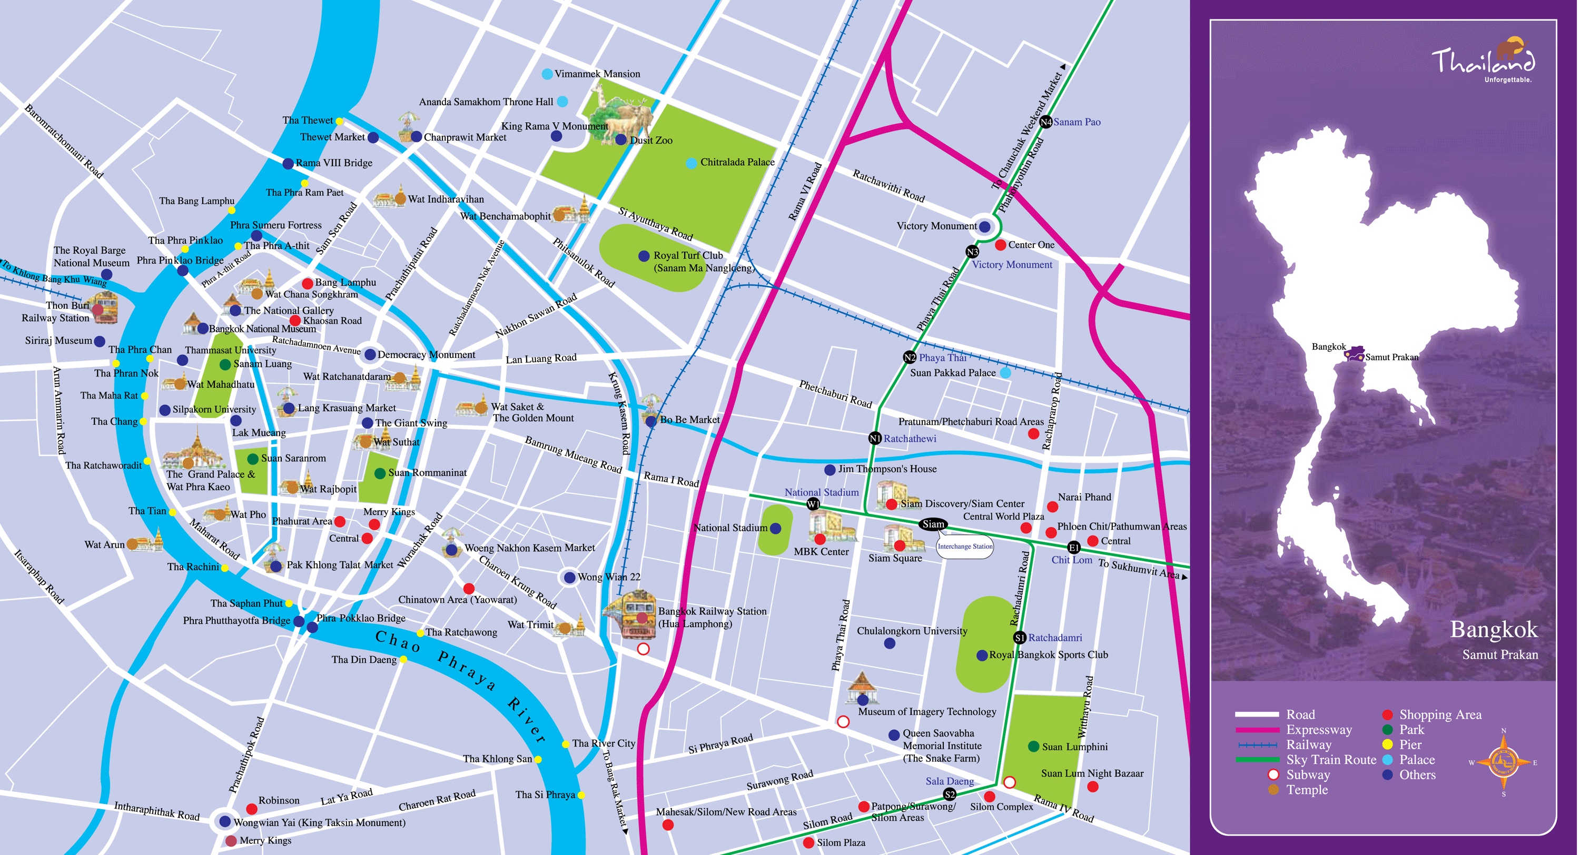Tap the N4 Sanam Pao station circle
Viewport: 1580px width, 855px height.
click(x=1046, y=122)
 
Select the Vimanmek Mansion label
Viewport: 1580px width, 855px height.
click(x=597, y=74)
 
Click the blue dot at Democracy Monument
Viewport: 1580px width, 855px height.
click(x=370, y=354)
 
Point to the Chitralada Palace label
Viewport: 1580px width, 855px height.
click(x=737, y=163)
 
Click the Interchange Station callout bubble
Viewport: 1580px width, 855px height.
click(x=965, y=546)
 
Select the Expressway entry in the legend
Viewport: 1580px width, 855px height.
click(x=1319, y=730)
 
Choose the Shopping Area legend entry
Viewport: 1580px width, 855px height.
click(x=1439, y=714)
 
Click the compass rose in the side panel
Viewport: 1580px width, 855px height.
click(x=1503, y=762)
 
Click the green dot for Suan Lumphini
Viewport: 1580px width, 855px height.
click(x=1033, y=747)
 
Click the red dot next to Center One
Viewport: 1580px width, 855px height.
click(x=1000, y=245)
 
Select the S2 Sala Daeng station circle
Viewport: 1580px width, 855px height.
click(x=950, y=795)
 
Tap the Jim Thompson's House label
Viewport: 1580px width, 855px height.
click(x=887, y=469)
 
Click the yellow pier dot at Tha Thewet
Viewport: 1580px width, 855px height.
click(x=339, y=121)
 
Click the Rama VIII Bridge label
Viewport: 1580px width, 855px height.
click(x=334, y=163)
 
